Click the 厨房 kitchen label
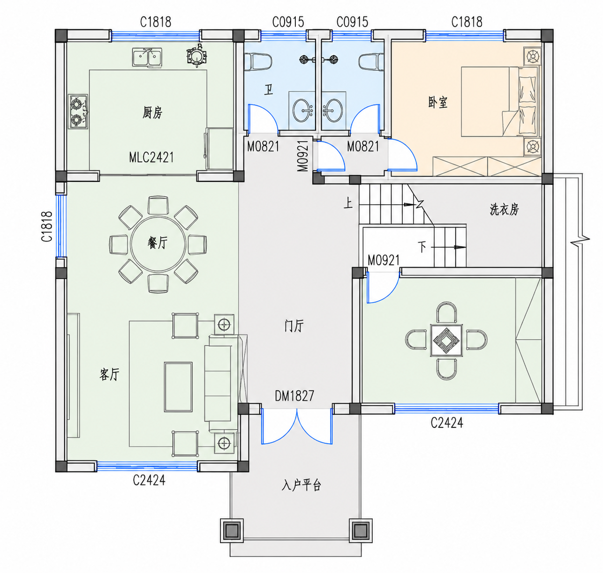point(152,112)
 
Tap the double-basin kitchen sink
point(148,57)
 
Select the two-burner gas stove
point(78,112)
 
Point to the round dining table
point(158,244)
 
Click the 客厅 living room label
point(110,374)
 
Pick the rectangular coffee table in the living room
point(178,387)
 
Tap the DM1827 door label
point(294,396)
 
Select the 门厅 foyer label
point(294,326)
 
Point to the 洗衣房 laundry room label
point(504,210)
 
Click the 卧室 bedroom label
point(437,102)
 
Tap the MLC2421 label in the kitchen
point(151,157)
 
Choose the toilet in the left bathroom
point(258,62)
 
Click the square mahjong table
point(446,340)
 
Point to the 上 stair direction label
point(348,203)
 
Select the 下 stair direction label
point(422,247)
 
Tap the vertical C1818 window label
point(47,227)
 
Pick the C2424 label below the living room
point(149,480)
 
